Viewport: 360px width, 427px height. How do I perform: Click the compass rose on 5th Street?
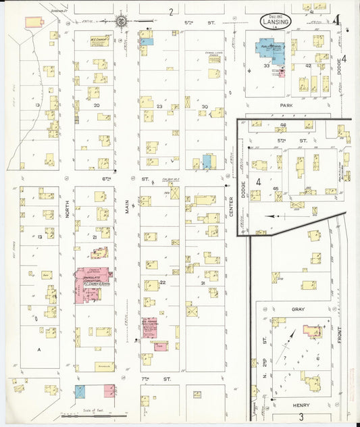tap(122, 21)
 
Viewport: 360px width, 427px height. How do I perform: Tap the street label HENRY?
tap(301, 405)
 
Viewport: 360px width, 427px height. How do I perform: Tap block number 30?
tap(204, 107)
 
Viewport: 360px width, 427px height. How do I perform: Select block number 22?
tap(163, 282)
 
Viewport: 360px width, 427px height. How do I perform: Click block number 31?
tap(202, 283)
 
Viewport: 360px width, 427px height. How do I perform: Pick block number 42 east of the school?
tap(308, 66)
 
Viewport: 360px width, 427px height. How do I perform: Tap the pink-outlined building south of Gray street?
tap(312, 331)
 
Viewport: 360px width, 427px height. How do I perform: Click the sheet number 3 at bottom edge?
tap(301, 419)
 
